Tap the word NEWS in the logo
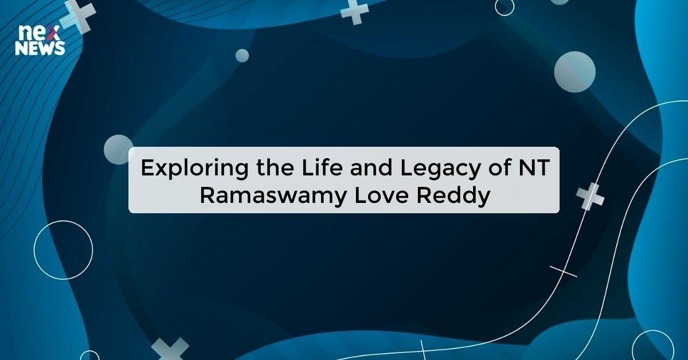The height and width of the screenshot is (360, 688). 40,49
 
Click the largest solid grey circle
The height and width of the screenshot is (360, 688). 574,72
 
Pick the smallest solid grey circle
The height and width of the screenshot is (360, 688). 243,56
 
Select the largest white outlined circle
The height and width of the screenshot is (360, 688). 63,250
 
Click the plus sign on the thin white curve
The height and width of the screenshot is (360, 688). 590,196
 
